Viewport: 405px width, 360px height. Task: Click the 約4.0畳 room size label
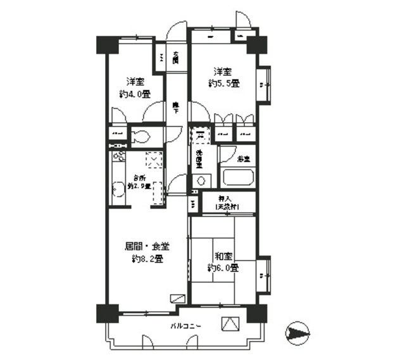(134, 94)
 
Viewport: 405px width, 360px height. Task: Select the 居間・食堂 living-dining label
(147, 245)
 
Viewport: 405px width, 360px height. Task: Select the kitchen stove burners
(118, 159)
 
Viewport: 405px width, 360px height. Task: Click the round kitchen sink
(117, 189)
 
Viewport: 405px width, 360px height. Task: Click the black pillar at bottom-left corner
(107, 315)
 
